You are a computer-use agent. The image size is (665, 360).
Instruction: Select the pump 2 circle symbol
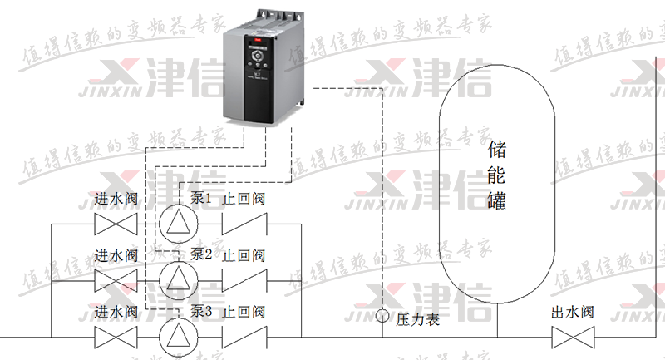pos(175,279)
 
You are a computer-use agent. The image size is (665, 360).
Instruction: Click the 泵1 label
pos(202,199)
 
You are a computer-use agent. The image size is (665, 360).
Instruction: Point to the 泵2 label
pos(202,254)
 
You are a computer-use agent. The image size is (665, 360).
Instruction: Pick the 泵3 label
pos(202,312)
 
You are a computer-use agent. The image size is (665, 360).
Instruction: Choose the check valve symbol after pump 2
pos(244,279)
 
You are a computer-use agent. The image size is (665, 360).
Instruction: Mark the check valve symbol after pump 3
pos(244,336)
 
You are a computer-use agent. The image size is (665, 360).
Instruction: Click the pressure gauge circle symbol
pos(382,316)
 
